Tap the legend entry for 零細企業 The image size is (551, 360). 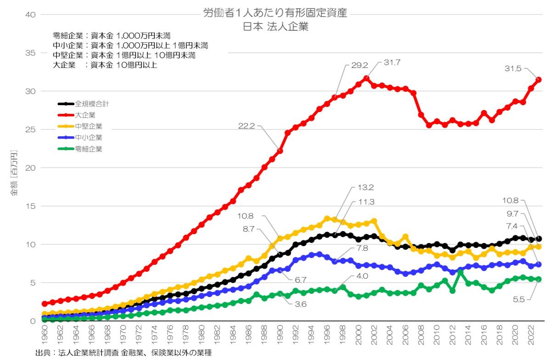point(89,149)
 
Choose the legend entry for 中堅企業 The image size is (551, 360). point(89,126)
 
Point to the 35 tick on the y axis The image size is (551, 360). point(29,53)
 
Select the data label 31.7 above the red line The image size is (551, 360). point(392,62)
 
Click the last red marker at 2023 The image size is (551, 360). point(539,79)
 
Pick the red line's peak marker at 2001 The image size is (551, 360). point(366,78)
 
